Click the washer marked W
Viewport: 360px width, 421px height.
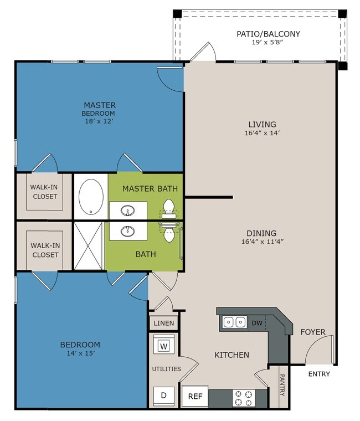(164, 345)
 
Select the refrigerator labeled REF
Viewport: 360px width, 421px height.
(195, 396)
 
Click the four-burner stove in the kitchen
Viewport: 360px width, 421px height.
(244, 398)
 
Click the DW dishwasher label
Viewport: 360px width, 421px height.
(257, 323)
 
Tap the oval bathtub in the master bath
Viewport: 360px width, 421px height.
(91, 197)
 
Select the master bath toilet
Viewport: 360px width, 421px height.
(169, 208)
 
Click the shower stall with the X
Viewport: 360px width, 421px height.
(88, 245)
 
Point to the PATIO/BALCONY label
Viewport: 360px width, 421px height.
(268, 34)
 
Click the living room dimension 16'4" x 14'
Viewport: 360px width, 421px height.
(263, 132)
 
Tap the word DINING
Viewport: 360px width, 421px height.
(261, 233)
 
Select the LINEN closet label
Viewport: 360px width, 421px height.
(164, 324)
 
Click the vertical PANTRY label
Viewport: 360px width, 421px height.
(282, 386)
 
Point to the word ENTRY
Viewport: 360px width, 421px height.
(319, 374)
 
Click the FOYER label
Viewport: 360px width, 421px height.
(313, 332)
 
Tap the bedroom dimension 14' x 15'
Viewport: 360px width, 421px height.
(81, 353)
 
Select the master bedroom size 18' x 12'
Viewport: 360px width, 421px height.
(99, 121)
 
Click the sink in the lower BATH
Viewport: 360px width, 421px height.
(128, 231)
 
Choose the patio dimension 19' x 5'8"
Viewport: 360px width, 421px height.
(268, 42)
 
